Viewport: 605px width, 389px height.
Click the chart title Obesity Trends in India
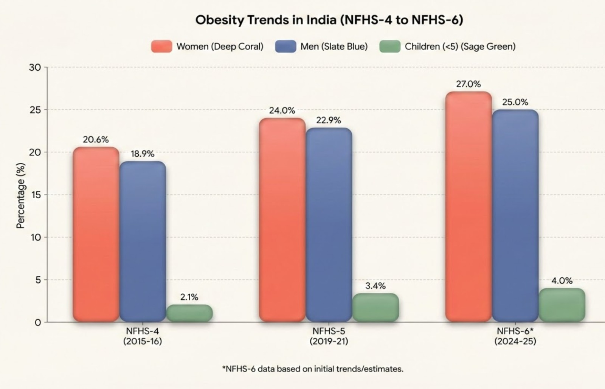pos(329,20)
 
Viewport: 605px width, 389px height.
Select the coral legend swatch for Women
pos(161,47)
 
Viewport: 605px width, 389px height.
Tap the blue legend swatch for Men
pos(285,47)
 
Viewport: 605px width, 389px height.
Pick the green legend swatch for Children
pos(390,47)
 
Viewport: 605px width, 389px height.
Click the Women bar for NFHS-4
pos(96,235)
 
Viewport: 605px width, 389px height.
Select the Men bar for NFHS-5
pos(329,225)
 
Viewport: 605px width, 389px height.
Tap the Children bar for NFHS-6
pos(562,305)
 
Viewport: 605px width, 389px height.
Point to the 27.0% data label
pos(468,84)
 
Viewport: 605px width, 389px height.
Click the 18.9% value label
pos(143,154)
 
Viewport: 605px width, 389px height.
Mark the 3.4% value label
pos(375,286)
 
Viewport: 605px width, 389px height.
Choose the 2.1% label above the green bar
pos(189,297)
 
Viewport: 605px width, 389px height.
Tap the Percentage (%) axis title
pos(20,196)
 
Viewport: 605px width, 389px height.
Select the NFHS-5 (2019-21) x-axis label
pos(329,336)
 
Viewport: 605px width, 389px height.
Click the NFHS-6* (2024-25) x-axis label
pos(515,336)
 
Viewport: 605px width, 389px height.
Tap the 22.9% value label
pos(329,120)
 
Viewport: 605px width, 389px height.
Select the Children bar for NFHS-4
pos(189,313)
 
